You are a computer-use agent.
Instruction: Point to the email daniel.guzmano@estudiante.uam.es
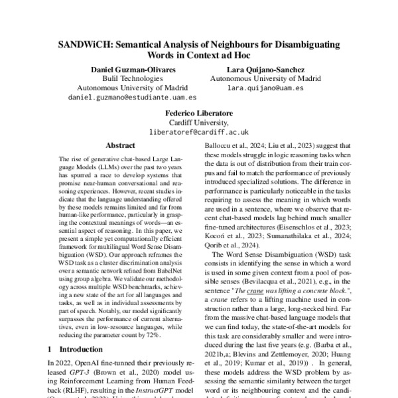click(x=117, y=97)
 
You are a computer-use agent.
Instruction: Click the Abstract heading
click(x=121, y=145)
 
